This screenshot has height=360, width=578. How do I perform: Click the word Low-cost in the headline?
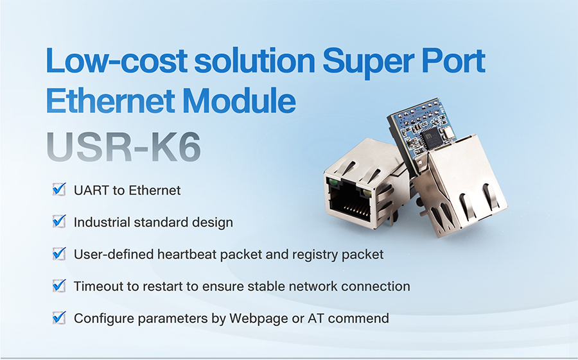[x=116, y=60]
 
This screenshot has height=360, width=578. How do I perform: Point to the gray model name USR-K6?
[x=124, y=147]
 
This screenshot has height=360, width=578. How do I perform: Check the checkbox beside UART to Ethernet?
[x=59, y=189]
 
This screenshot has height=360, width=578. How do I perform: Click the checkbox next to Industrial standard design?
[x=59, y=221]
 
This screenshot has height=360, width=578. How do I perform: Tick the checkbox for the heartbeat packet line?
[x=59, y=253]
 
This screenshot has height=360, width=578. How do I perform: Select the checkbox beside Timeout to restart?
[x=59, y=285]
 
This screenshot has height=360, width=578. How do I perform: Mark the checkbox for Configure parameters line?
[x=59, y=317]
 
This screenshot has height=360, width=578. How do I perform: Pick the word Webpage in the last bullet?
[x=258, y=318]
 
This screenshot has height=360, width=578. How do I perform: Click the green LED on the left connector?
[x=333, y=182]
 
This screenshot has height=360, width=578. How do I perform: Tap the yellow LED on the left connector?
[x=367, y=193]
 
